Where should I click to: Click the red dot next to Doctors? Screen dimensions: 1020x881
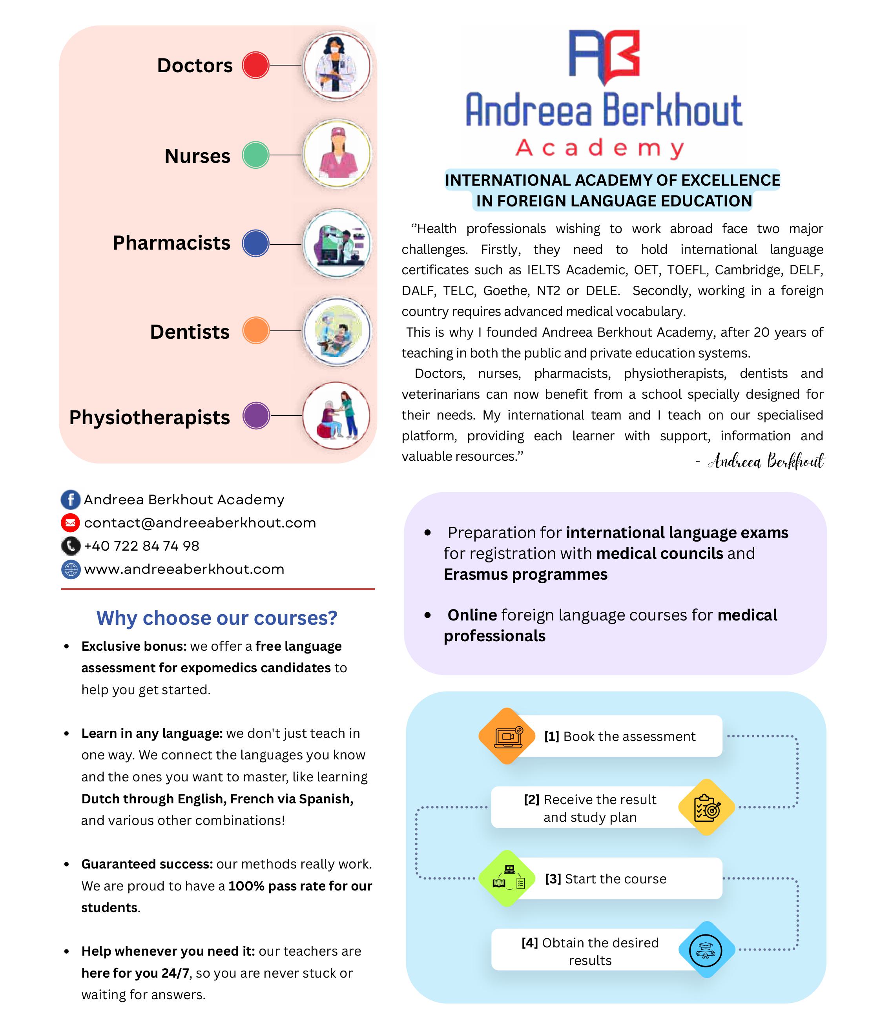pos(255,65)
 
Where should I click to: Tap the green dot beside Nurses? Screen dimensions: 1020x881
pos(255,155)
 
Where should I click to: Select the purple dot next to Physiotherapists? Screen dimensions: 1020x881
pos(256,416)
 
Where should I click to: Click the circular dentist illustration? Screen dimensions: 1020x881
pos(337,331)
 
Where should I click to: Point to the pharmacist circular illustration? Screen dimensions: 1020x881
pos(337,244)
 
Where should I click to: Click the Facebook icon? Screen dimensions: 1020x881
pos(70,500)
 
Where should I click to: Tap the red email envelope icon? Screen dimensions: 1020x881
pos(70,523)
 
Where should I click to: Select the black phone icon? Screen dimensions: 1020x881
pos(70,546)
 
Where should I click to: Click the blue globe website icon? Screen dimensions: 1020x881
pos(70,569)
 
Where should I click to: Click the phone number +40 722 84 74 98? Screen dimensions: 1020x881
pos(142,546)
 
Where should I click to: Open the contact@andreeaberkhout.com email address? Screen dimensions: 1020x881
pos(200,523)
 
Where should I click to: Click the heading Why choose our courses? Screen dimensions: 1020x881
pos(217,618)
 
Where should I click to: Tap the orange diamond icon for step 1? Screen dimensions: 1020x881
pos(507,736)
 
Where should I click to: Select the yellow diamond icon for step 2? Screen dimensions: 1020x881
pos(706,807)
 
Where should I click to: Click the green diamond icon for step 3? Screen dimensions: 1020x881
pos(507,879)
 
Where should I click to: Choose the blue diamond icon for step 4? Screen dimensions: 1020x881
pos(706,950)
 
